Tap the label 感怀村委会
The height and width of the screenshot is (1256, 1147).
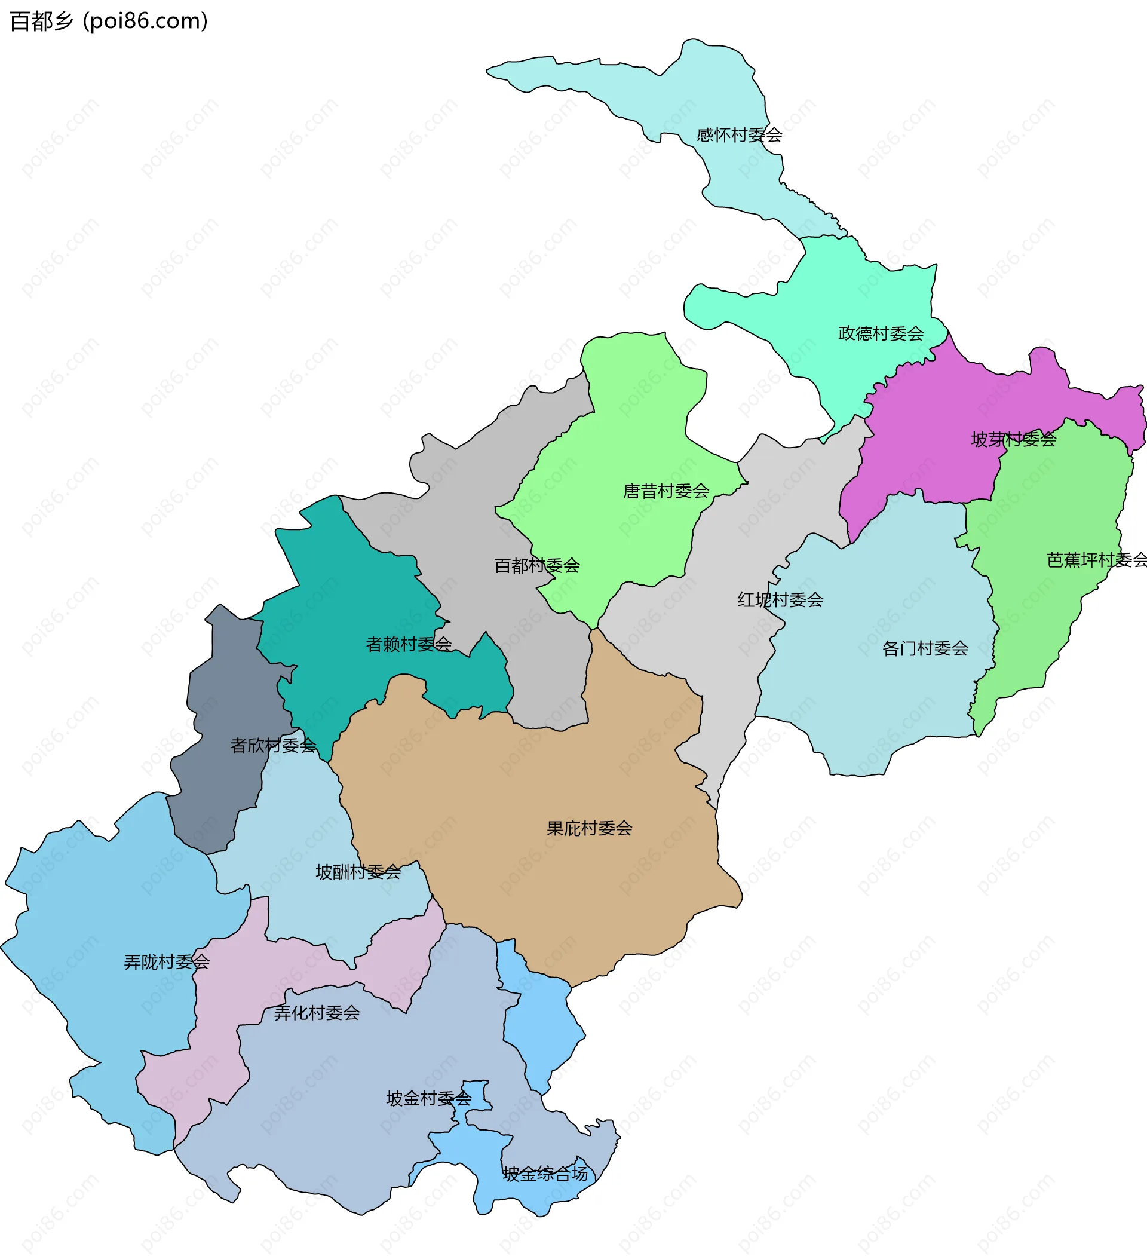click(739, 135)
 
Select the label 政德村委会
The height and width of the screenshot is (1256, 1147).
click(881, 334)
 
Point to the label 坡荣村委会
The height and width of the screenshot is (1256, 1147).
click(1014, 440)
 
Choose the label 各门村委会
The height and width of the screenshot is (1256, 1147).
click(925, 648)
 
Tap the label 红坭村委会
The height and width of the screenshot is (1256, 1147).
click(781, 600)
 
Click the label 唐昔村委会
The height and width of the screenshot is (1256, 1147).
click(666, 491)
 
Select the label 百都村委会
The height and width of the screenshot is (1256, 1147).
click(537, 566)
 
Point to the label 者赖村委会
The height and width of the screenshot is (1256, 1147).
click(409, 644)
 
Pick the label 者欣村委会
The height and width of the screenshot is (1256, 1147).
click(274, 745)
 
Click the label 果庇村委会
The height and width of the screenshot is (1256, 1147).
click(590, 828)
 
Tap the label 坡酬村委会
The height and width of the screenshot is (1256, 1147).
click(358, 872)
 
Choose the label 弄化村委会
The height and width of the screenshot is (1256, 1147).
click(317, 1013)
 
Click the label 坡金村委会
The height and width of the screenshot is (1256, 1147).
click(429, 1098)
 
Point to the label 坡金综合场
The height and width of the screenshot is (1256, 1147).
click(545, 1174)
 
